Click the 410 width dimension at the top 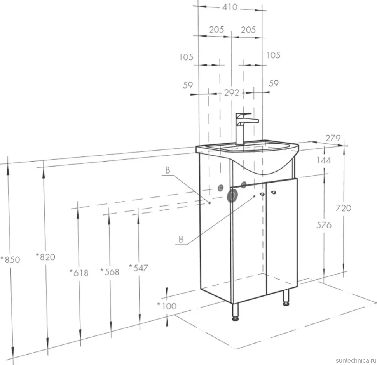230,7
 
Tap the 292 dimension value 232,93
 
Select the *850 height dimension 10,260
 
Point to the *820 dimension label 45,257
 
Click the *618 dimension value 79,273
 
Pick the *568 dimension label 110,272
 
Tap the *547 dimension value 138,268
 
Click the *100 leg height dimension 167,306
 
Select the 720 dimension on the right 343,208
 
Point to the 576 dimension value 324,225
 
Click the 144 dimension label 324,160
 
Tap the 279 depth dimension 333,138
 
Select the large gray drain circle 232,196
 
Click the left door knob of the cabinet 262,194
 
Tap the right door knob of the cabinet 273,192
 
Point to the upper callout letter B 168,170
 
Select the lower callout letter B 181,239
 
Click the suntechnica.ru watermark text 356,360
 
